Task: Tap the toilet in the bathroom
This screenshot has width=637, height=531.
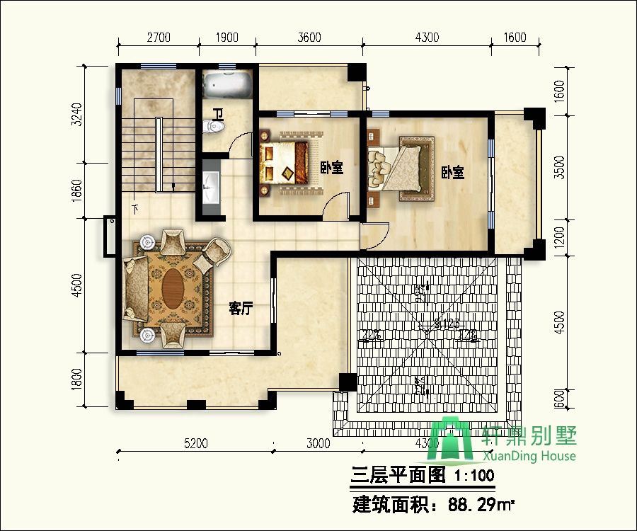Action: [213, 127]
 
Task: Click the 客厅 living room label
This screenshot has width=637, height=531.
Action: [241, 309]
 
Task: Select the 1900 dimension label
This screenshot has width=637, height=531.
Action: [226, 38]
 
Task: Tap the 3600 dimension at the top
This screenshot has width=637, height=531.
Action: [309, 38]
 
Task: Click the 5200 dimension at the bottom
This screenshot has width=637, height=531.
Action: [195, 444]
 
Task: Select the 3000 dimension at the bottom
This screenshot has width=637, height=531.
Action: [318, 444]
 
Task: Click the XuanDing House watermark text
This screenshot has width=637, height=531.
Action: [529, 456]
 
